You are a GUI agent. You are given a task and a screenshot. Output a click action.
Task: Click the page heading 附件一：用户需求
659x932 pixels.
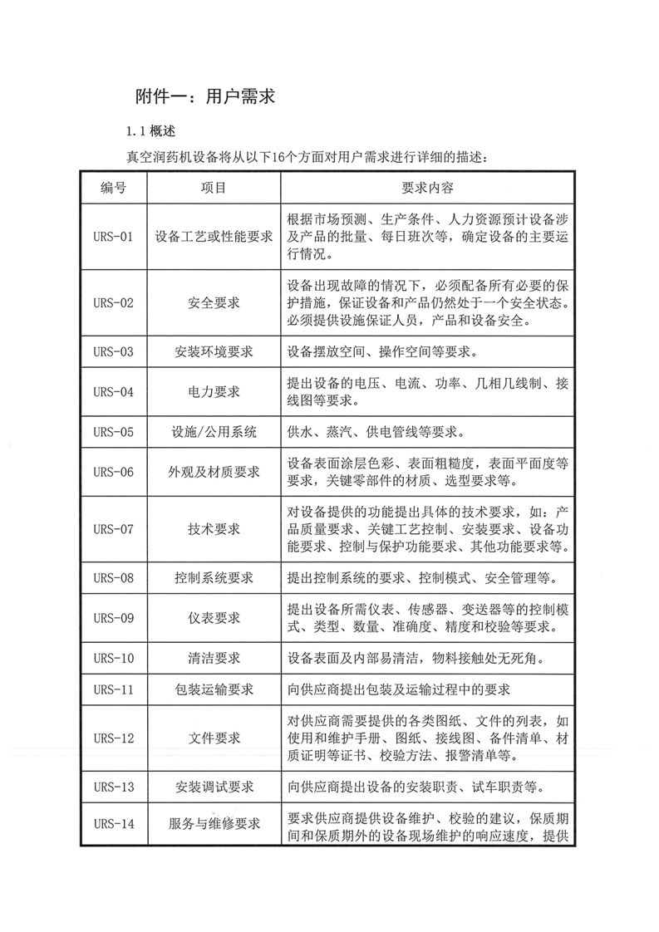(204, 97)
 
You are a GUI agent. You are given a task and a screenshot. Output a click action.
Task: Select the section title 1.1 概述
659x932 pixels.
(149, 131)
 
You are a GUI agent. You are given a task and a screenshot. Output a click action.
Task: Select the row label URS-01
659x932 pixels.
(114, 237)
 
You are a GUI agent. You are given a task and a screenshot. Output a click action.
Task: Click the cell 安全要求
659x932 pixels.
(214, 302)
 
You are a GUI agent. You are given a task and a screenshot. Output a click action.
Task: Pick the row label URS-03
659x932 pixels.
(114, 351)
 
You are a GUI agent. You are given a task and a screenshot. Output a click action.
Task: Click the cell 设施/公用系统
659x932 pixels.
(214, 432)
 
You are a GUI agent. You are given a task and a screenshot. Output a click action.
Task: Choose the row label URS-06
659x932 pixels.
(114, 472)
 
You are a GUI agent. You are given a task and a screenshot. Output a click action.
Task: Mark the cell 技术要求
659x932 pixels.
(214, 529)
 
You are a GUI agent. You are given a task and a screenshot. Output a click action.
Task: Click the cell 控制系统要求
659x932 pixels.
(214, 577)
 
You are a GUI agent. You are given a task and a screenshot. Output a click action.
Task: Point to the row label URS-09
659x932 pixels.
(114, 618)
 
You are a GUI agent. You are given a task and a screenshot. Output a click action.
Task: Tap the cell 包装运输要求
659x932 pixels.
(214, 689)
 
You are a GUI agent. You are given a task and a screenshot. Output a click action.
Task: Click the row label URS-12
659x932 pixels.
(114, 738)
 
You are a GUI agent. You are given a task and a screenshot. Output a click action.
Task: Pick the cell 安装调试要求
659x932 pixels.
(214, 786)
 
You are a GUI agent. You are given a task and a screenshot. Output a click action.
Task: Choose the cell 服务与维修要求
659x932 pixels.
(214, 824)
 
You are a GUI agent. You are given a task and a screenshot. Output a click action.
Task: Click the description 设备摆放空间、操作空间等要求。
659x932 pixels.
(381, 351)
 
